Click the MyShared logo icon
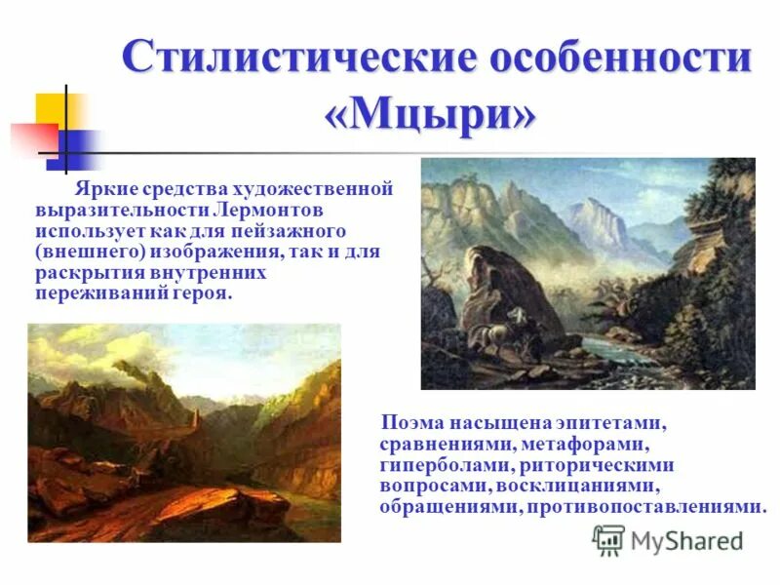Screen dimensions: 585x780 tap(608, 540)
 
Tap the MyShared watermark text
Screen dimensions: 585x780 tap(686, 541)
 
